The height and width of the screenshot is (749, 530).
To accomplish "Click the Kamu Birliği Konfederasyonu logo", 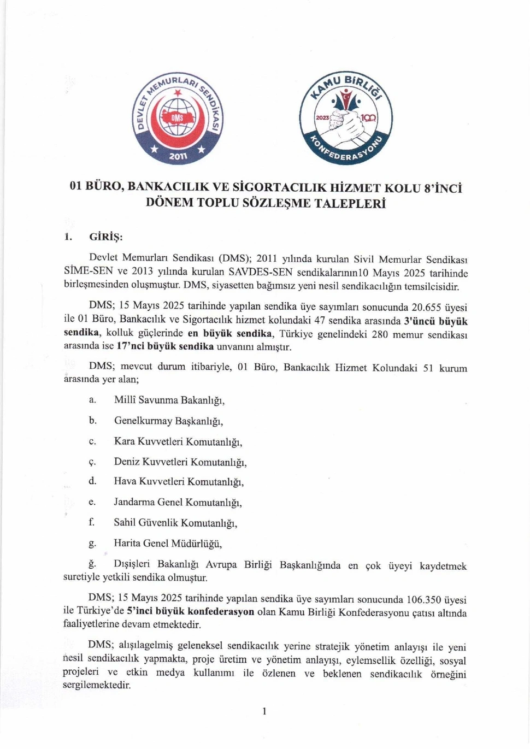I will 346,118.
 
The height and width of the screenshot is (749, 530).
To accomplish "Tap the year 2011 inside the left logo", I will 178,156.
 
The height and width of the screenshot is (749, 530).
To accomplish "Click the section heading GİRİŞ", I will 106,237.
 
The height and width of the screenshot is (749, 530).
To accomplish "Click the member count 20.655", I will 430,308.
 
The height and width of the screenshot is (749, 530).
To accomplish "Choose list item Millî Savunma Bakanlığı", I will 169,400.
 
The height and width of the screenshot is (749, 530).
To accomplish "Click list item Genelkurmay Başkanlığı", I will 168,421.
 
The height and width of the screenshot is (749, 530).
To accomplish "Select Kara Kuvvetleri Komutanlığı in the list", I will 178,441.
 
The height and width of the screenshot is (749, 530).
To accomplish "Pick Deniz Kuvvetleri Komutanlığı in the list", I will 180,462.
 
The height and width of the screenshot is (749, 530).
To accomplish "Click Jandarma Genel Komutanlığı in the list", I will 178,502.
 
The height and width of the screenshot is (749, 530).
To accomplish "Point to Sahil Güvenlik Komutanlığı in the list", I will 175,523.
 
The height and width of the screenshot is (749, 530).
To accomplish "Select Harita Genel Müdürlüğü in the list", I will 168,543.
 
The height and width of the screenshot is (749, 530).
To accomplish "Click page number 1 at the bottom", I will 264,711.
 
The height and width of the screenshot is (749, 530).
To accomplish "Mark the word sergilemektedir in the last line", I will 97,685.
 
